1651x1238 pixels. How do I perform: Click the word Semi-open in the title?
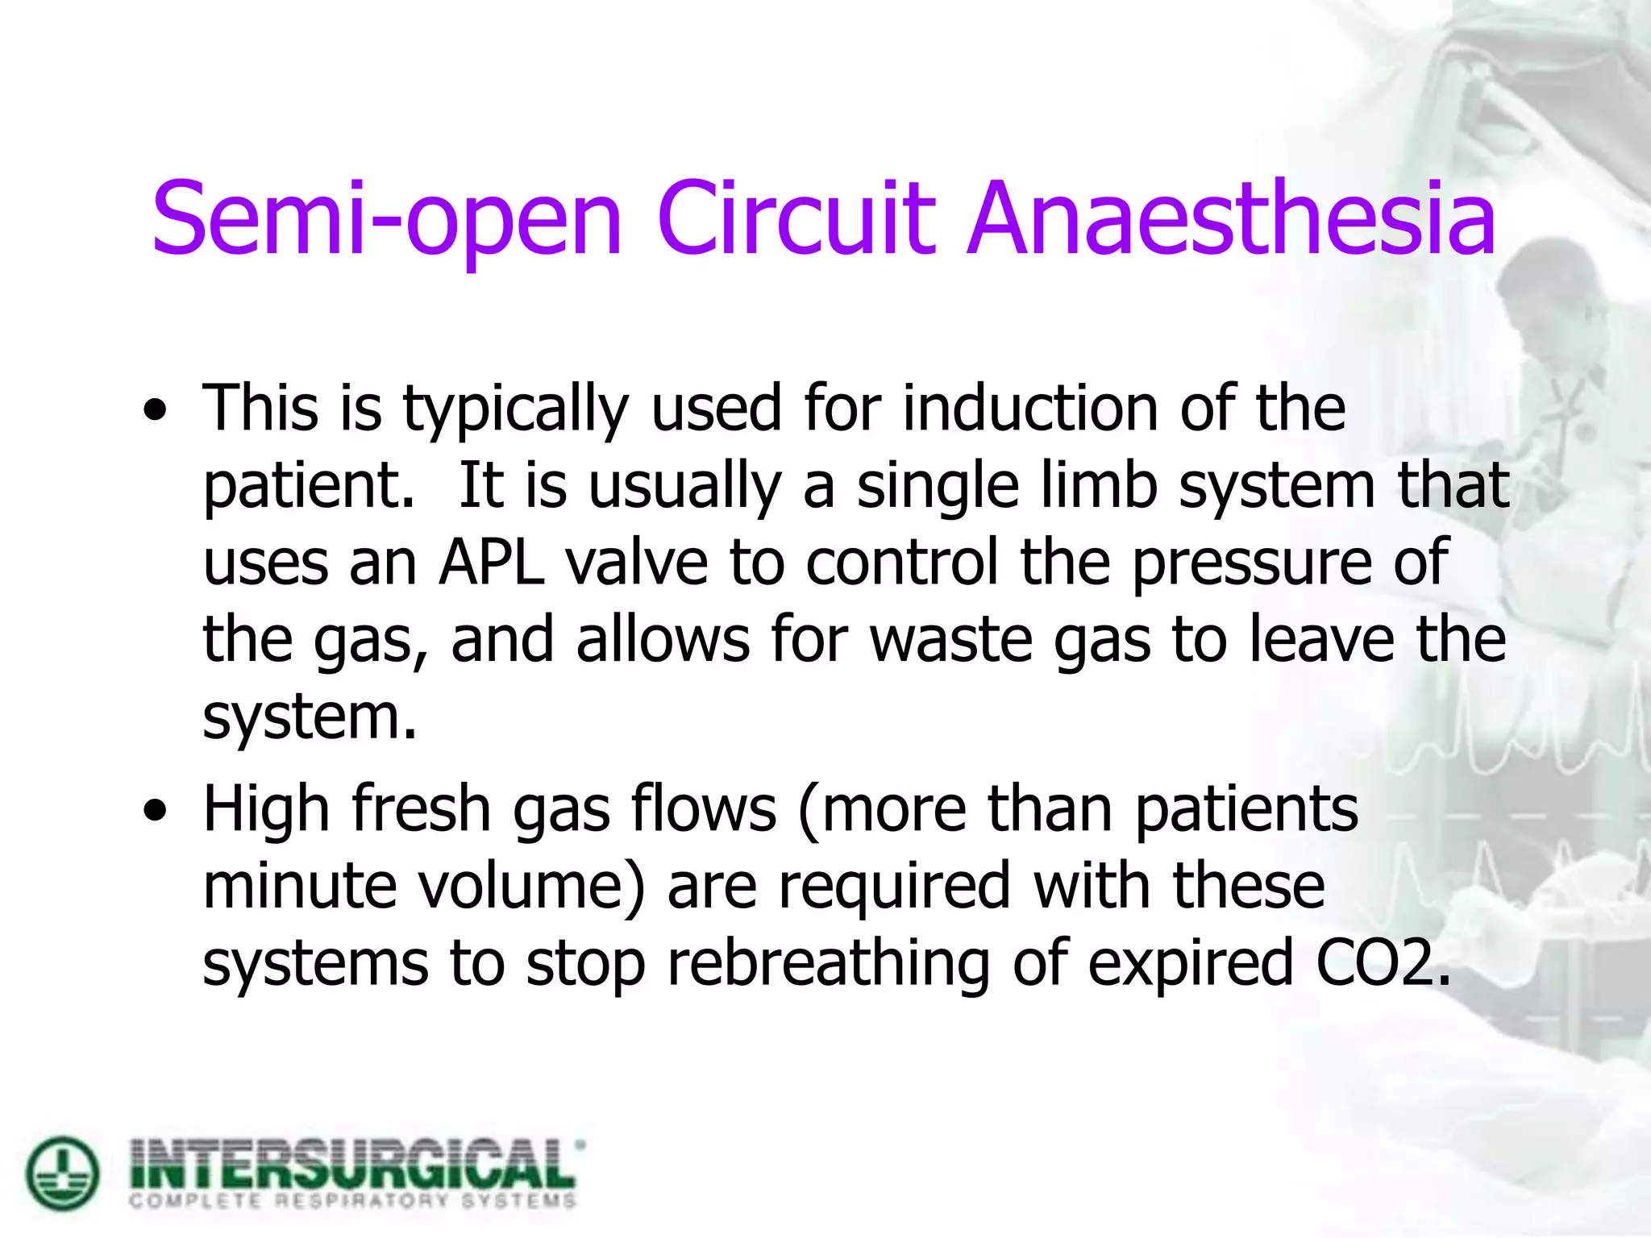(387, 219)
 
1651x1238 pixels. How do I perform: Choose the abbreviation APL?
(491, 562)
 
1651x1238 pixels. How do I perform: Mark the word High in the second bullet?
(266, 810)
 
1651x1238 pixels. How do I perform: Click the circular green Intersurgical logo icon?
(63, 1173)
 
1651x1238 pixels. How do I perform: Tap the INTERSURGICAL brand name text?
(355, 1163)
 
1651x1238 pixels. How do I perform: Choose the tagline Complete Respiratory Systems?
(353, 1201)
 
